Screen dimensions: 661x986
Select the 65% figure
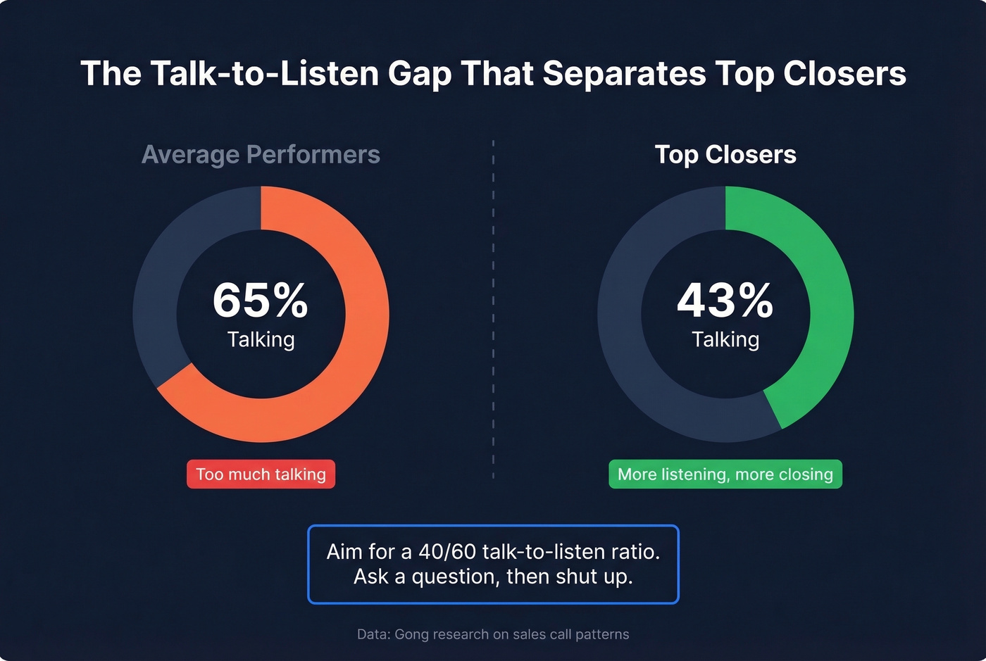(261, 301)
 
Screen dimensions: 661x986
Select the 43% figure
(725, 301)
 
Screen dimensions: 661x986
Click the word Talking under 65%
(261, 339)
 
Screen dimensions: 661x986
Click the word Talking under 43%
(725, 339)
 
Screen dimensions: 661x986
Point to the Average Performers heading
(261, 154)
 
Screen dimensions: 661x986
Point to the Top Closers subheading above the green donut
(725, 154)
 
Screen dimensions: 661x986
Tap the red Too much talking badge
(261, 474)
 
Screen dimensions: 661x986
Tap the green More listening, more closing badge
(725, 474)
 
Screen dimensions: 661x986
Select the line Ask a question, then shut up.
(493, 577)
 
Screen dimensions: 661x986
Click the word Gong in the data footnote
(411, 634)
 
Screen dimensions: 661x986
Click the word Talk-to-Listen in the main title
(264, 73)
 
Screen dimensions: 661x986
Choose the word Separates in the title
(625, 73)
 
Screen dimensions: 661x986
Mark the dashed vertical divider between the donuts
(493, 310)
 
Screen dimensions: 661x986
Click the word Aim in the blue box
(344, 551)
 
